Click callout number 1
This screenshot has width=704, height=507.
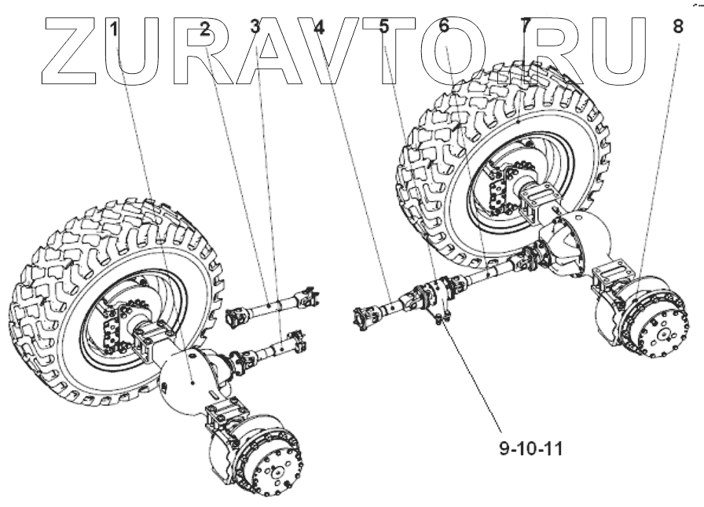point(115,29)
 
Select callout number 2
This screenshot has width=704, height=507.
point(204,29)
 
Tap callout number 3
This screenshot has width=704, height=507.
point(255,26)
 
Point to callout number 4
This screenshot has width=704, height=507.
point(318,26)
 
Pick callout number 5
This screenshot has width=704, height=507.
point(383,26)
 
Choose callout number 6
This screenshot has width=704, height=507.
point(444,26)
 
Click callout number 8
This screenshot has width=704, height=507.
point(678,26)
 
